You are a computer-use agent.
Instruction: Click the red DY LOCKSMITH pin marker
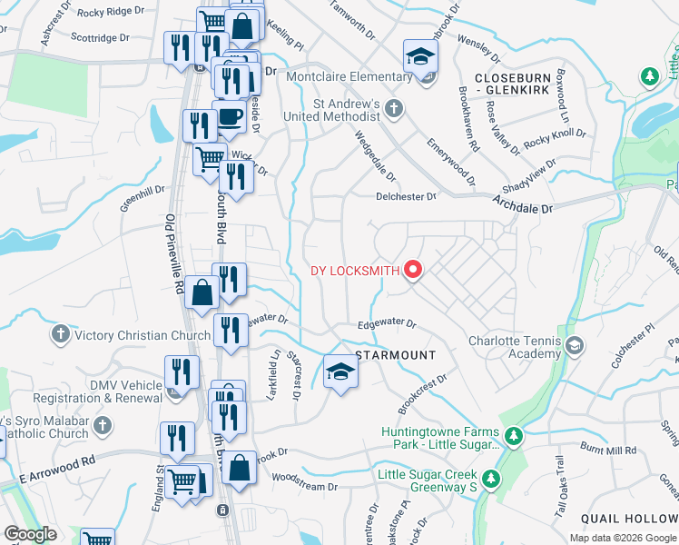coord(413,270)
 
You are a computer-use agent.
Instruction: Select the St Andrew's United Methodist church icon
coord(393,110)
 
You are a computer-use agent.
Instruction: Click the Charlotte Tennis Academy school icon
coord(574,345)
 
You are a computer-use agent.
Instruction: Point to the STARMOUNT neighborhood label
coord(395,354)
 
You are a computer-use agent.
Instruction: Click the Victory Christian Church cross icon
coord(61,334)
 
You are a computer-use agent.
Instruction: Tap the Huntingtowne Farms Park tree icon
coord(513,437)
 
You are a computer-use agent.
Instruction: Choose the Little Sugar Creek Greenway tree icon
coord(490,477)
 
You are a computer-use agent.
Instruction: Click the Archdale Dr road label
coord(522,208)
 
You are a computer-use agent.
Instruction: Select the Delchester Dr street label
coord(407,195)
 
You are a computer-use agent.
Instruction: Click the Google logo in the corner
coord(30,534)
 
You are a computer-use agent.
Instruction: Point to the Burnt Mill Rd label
coord(609,450)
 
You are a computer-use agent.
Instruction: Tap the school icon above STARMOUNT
coord(339,371)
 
